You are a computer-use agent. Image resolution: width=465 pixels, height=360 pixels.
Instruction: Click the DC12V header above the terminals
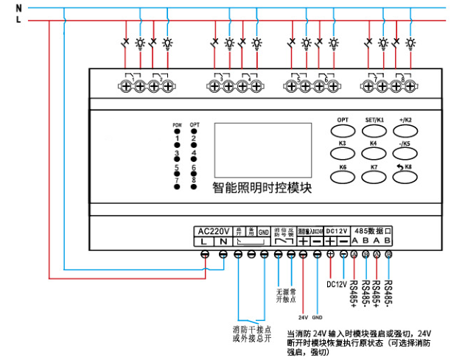(338, 230)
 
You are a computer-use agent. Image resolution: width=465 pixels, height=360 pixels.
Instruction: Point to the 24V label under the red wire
(302, 317)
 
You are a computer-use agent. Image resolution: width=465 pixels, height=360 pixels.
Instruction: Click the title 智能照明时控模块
(262, 188)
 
